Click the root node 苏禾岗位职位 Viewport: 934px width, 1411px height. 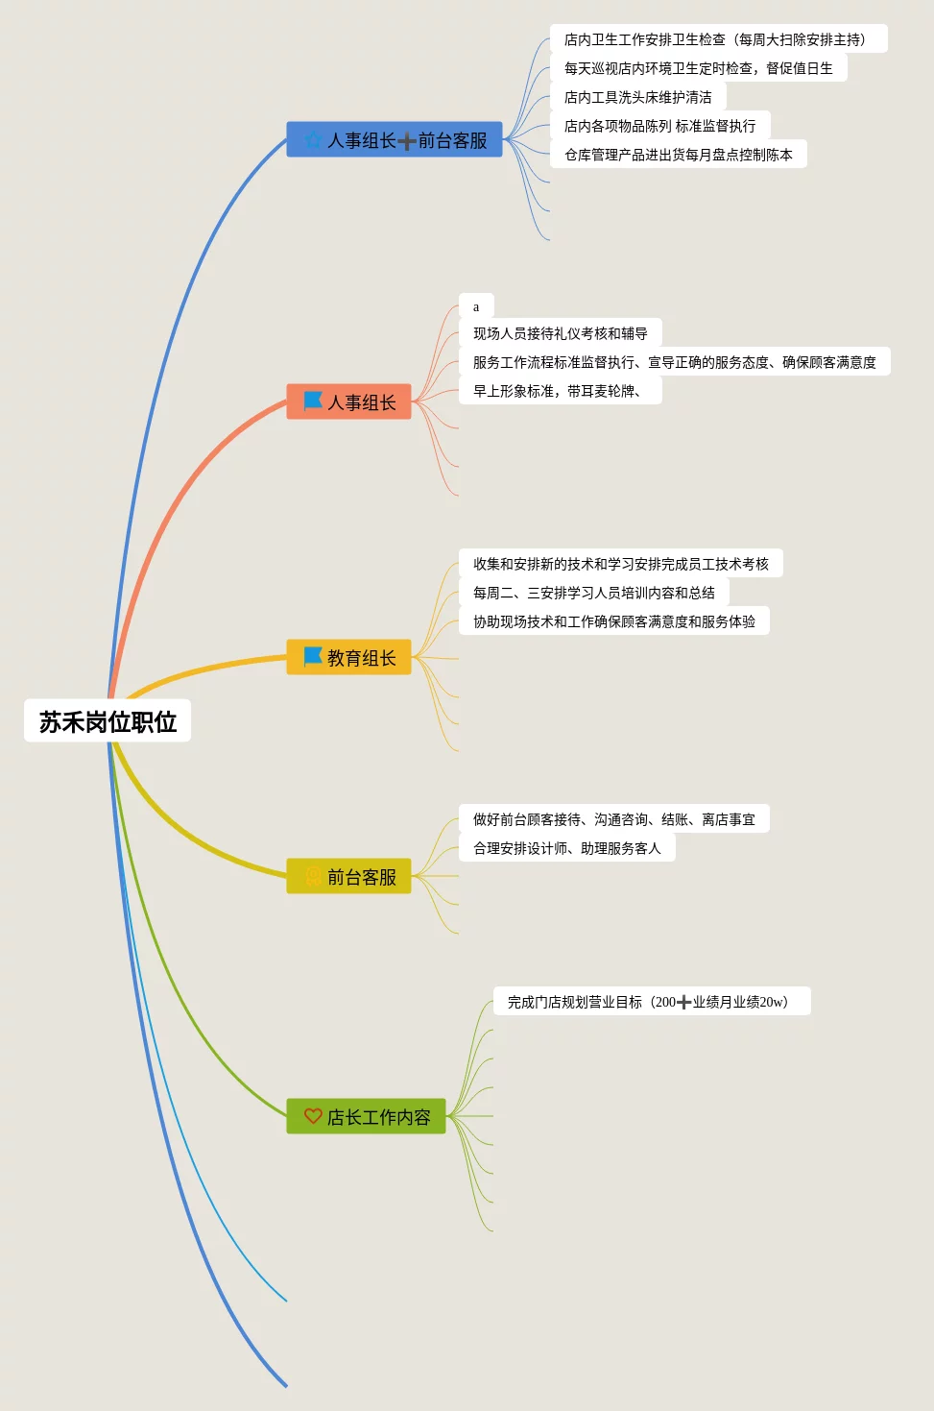108,721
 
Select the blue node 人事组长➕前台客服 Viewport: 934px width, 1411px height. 395,140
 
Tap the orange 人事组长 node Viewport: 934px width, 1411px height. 349,402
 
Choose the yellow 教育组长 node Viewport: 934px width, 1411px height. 349,658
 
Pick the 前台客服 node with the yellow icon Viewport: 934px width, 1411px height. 349,877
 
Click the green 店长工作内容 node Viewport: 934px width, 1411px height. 367,1117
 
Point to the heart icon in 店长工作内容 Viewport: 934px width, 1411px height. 313,1116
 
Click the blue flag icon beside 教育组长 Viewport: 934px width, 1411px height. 313,657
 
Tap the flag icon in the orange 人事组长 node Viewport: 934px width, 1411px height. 313,401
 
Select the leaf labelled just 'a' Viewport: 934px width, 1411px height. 476,306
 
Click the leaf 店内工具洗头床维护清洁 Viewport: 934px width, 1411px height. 638,97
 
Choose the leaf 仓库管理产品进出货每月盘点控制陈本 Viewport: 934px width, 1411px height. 678,155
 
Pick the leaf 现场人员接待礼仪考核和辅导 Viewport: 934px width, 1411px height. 561,333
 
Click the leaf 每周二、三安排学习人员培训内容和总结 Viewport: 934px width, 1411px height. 594,593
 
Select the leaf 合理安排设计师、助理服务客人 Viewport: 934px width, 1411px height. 567,848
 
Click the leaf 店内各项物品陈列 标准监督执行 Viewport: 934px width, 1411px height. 659,126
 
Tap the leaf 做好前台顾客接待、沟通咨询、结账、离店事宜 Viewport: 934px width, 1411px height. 614,819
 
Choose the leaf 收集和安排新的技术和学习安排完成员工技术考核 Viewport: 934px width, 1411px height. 621,564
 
